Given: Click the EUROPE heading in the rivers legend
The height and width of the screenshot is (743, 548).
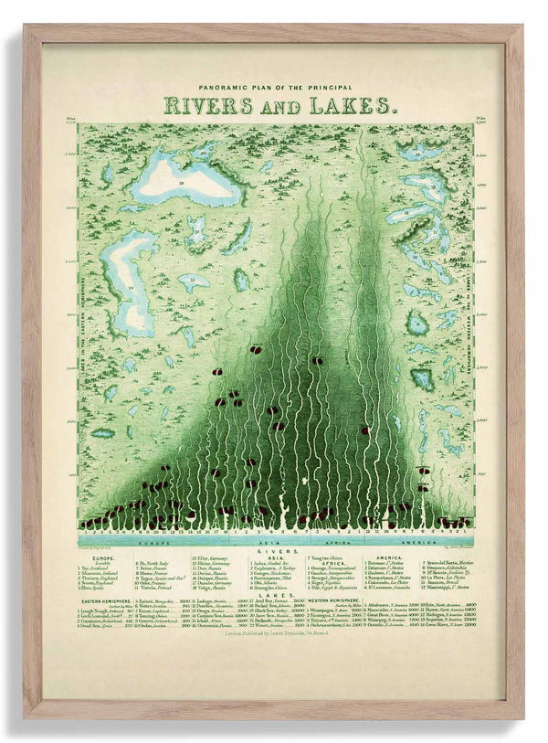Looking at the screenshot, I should pyautogui.click(x=102, y=557).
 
